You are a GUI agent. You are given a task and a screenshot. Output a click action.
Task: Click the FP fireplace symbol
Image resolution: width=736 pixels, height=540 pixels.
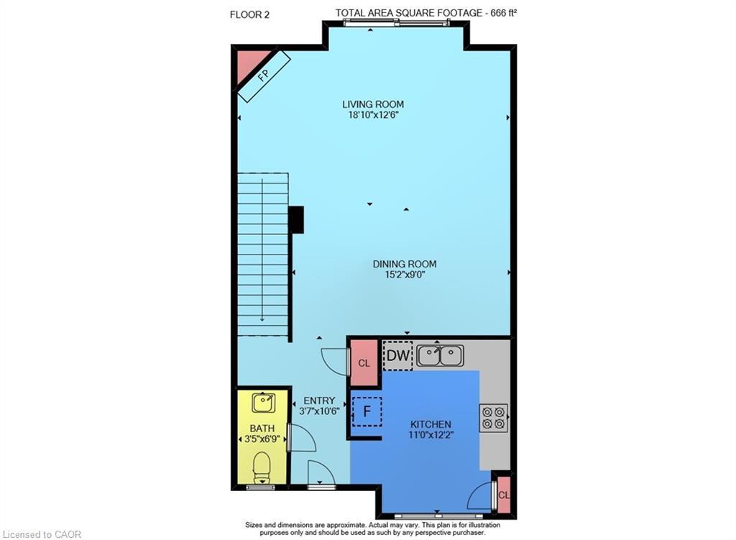(263, 75)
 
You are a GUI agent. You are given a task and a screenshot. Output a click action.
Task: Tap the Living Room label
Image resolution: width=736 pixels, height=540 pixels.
(372, 104)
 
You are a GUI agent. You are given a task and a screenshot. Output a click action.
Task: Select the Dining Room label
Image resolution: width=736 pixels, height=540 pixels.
(404, 264)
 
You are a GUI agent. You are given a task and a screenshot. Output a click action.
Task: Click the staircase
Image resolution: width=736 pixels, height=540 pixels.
(263, 255)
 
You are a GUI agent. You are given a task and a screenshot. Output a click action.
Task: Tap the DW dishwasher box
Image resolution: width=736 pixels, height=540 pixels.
(397, 355)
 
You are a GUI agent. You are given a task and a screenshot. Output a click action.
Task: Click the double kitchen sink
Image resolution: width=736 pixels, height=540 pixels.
(440, 355)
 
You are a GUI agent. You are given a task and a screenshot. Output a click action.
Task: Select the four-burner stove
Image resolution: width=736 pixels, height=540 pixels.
(493, 418)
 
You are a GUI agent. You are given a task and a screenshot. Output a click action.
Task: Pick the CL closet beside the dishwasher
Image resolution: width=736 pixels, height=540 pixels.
(364, 363)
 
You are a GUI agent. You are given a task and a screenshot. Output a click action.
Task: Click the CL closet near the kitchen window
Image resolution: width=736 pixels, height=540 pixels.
(504, 495)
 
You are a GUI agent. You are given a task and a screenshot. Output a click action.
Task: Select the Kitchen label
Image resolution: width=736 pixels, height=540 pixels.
(431, 424)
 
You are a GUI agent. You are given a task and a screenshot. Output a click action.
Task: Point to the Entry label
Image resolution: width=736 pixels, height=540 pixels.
(319, 401)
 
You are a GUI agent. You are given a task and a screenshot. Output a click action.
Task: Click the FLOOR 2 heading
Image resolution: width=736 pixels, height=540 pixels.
(249, 14)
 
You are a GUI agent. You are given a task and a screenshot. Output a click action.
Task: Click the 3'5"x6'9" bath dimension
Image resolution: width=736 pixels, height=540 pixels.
(262, 439)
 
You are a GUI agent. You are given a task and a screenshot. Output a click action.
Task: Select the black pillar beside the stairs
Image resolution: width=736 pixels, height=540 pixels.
(295, 219)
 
